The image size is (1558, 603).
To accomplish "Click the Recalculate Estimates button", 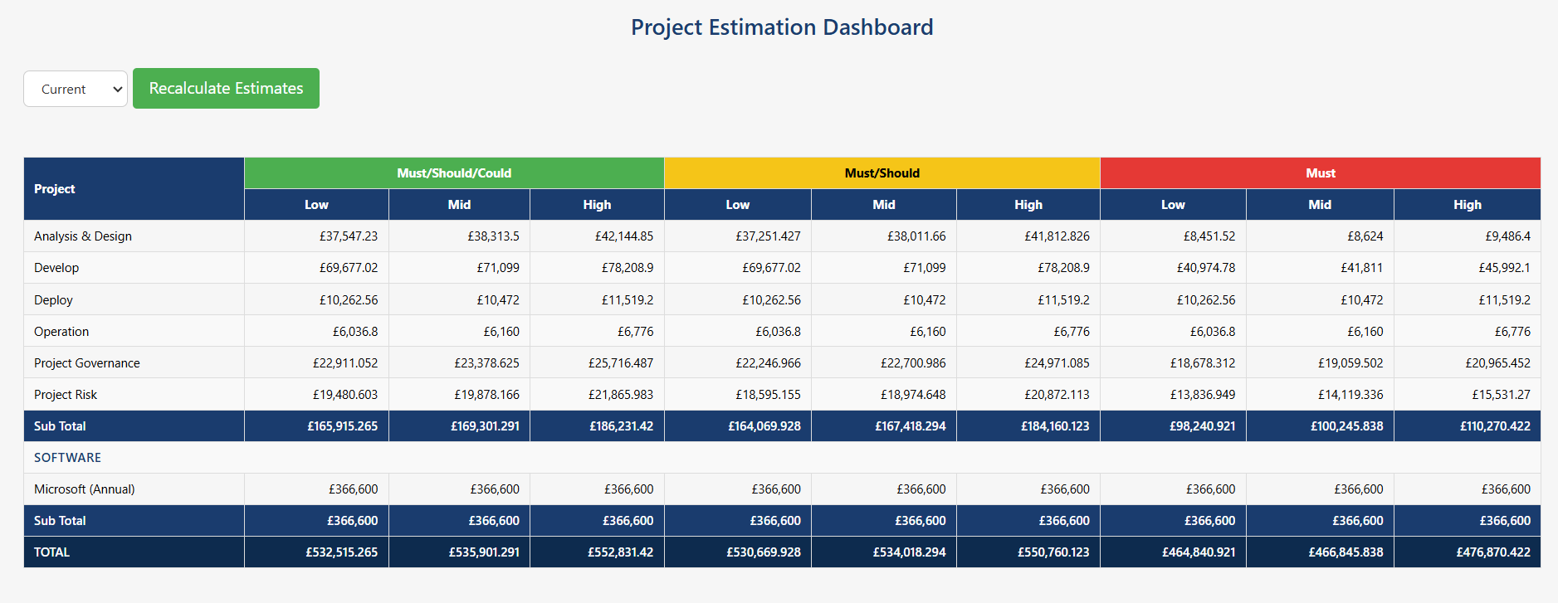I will [226, 88].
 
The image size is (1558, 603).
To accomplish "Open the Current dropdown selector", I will [76, 89].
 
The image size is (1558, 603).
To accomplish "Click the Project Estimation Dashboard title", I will [781, 27].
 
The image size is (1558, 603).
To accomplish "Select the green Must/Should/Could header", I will [454, 173].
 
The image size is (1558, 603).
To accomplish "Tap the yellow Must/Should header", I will [882, 173].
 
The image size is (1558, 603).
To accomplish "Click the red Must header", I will [1320, 173].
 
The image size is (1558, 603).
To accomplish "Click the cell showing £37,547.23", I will [348, 236].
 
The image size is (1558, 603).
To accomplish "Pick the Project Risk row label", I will [66, 395].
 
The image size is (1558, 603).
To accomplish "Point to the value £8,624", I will [1365, 236].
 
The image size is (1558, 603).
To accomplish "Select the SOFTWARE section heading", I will [67, 458].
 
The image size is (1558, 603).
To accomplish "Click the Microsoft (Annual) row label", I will [84, 489].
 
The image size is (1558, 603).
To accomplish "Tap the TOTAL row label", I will [51, 552].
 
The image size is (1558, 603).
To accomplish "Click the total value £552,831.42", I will [620, 552].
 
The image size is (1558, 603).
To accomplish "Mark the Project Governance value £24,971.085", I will [1056, 363].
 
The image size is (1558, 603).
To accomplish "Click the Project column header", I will [55, 189].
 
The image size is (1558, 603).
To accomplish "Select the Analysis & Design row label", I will [83, 236].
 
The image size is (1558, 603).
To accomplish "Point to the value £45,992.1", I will [1503, 268].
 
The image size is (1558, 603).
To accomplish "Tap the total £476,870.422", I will [1492, 552].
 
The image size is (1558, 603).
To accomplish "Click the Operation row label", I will [61, 332].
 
